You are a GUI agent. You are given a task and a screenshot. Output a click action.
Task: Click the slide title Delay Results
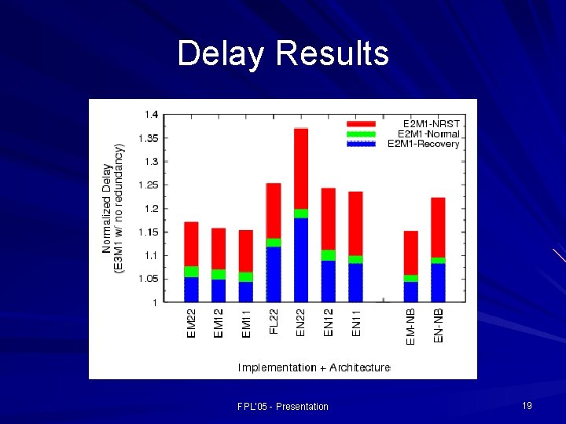click(283, 53)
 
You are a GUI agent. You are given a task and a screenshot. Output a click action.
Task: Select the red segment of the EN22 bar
click(301, 169)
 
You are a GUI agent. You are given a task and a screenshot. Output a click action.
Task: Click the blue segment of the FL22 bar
click(274, 274)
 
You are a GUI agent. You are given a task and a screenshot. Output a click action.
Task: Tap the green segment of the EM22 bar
click(191, 272)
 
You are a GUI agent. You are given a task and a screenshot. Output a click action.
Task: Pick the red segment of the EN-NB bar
click(438, 227)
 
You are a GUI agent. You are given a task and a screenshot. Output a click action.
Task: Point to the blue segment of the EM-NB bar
click(410, 291)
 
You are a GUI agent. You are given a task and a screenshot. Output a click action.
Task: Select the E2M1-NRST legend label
click(432, 124)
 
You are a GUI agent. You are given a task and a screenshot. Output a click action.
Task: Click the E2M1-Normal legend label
click(428, 133)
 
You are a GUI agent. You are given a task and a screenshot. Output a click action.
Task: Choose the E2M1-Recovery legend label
click(424, 144)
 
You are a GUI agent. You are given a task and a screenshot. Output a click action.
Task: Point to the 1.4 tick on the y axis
click(150, 115)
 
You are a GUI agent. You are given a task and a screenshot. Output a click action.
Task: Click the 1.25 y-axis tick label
click(148, 185)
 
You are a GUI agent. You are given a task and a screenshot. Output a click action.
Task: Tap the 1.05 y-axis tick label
click(148, 279)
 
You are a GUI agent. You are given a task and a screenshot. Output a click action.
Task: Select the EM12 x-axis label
click(219, 323)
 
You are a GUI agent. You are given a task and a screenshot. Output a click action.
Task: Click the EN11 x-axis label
click(356, 323)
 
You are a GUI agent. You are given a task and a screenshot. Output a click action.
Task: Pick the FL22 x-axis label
click(274, 321)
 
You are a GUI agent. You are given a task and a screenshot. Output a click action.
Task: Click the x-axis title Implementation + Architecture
click(314, 367)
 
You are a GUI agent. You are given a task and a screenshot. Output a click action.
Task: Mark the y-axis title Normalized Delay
click(107, 208)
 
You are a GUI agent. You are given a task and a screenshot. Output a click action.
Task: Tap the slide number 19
click(527, 405)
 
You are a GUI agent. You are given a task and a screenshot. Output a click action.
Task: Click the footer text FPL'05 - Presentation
click(283, 406)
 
